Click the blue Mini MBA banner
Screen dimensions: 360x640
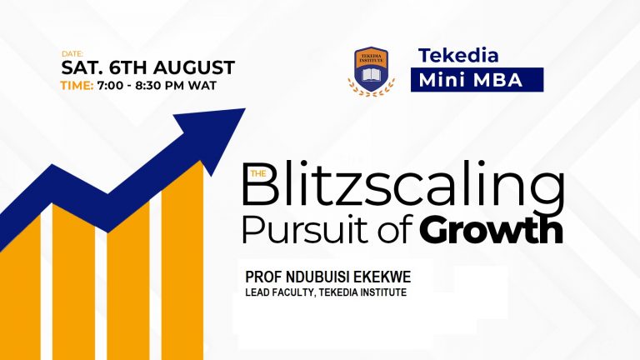(x=477, y=80)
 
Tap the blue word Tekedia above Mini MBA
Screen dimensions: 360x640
(x=458, y=56)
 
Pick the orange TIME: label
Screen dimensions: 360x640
(x=76, y=85)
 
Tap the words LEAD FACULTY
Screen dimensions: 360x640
(x=281, y=292)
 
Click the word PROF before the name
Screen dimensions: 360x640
(x=262, y=277)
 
